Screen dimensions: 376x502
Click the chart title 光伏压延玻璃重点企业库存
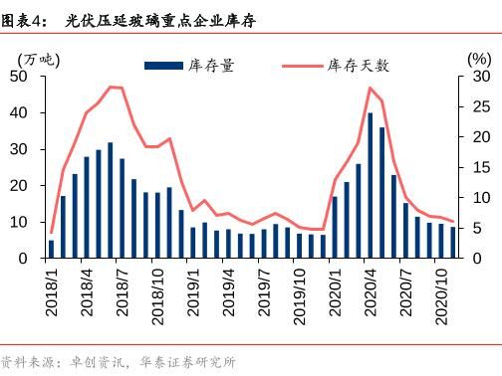pyautogui.click(x=159, y=18)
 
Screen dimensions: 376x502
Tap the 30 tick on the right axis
pyautogui.click(x=481, y=77)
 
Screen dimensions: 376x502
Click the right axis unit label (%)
pyautogui.click(x=478, y=58)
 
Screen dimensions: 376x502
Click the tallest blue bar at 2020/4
pyautogui.click(x=371, y=185)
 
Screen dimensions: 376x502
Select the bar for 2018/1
pyautogui.click(x=51, y=249)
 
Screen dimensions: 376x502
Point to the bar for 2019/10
pyautogui.click(x=300, y=246)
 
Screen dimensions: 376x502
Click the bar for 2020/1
pyautogui.click(x=335, y=227)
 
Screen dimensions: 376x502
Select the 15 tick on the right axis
pyautogui.click(x=481, y=167)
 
